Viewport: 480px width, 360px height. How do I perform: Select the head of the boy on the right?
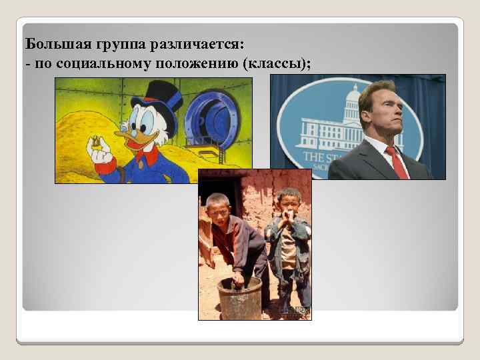coord(288,199)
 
